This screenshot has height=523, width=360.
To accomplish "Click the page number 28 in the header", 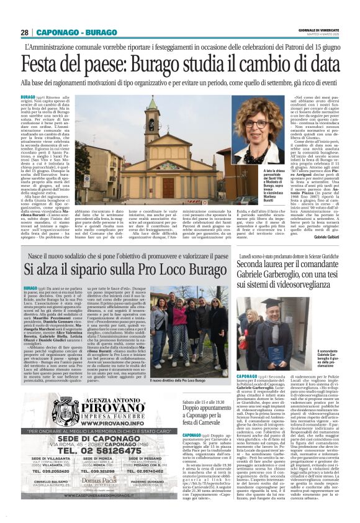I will coord(25,32).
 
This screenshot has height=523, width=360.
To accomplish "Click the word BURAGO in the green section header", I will coord(102,32).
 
